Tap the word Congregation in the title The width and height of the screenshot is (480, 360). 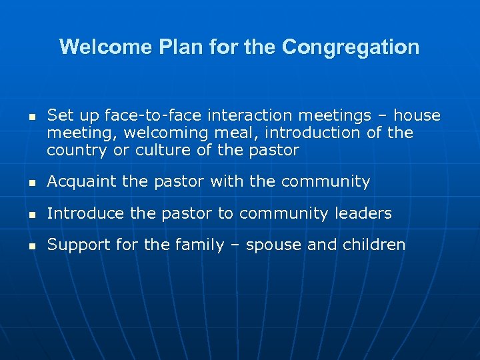[x=351, y=48]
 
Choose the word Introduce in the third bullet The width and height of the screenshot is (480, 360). [x=85, y=213]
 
